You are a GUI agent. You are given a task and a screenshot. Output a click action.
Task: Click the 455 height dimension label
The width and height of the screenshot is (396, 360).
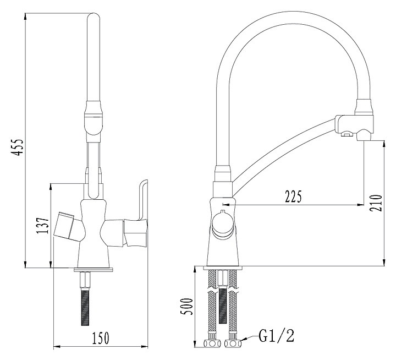(19, 148)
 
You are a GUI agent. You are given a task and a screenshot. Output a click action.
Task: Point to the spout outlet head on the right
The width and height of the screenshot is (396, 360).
(357, 124)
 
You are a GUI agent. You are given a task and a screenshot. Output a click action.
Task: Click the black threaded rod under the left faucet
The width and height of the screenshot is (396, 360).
(85, 305)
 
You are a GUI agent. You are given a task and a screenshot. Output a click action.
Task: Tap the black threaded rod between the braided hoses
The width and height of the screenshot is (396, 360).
(222, 305)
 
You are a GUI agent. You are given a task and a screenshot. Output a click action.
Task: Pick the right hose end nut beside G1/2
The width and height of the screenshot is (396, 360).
(233, 344)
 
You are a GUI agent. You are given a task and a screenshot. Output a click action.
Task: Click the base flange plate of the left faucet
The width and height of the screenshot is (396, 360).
(93, 269)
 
